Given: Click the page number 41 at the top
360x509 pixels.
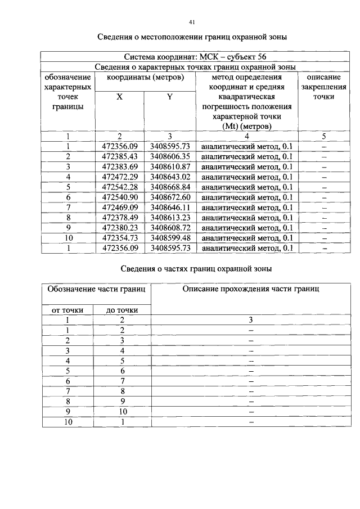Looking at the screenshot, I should click(x=192, y=22).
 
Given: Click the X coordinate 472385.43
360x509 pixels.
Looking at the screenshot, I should click(x=119, y=156).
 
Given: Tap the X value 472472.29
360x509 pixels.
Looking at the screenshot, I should click(x=119, y=177).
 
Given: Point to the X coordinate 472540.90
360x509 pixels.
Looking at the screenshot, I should click(x=119, y=197).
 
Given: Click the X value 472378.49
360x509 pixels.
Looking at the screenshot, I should click(x=119, y=217).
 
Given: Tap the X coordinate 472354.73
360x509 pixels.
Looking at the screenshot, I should click(x=119, y=237).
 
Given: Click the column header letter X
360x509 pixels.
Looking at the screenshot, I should click(x=119, y=97).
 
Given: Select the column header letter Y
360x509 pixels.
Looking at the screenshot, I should click(x=169, y=97).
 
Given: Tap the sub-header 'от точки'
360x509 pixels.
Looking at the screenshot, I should click(x=67, y=309).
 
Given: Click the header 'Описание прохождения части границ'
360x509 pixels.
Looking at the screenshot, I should click(x=251, y=289).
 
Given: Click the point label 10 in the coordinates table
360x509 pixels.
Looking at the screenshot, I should click(x=67, y=237).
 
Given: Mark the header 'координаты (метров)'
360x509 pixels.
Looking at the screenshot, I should click(x=145, y=77).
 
